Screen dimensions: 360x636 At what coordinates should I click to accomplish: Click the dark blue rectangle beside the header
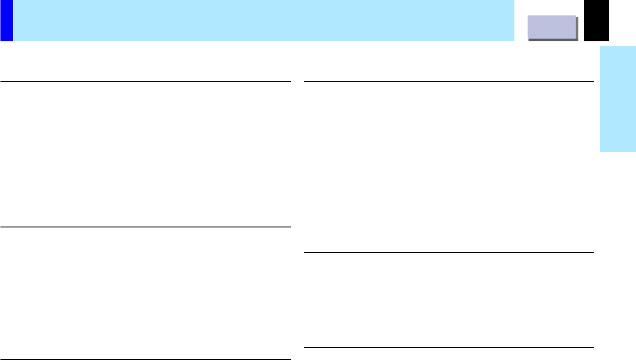6,20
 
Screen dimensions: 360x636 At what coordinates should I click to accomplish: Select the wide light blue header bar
263,20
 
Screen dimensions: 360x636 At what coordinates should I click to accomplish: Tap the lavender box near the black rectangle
552,27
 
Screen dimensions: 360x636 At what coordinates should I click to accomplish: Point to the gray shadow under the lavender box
553,40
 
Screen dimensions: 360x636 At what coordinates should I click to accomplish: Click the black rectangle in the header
596,20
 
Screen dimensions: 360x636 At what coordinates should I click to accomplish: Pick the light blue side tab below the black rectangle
617,99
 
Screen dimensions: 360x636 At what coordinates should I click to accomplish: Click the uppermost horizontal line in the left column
145,81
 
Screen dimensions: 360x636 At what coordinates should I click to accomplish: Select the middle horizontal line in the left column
145,227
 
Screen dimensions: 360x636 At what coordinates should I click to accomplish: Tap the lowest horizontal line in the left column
145,359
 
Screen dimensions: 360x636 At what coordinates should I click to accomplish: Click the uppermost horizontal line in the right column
449,81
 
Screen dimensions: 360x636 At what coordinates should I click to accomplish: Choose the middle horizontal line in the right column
449,252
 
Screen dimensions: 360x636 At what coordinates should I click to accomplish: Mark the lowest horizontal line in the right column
449,347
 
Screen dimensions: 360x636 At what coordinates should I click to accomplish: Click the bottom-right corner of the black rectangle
608,41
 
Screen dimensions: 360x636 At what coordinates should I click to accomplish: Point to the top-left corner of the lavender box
528,16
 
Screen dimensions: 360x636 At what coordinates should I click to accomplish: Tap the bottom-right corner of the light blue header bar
514,41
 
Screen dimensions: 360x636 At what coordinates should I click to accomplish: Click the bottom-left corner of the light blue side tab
600,152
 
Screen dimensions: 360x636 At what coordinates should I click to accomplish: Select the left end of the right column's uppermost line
304,81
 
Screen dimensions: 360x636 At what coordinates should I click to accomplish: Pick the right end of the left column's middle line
290,227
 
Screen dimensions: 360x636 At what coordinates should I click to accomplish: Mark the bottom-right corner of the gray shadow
578,41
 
